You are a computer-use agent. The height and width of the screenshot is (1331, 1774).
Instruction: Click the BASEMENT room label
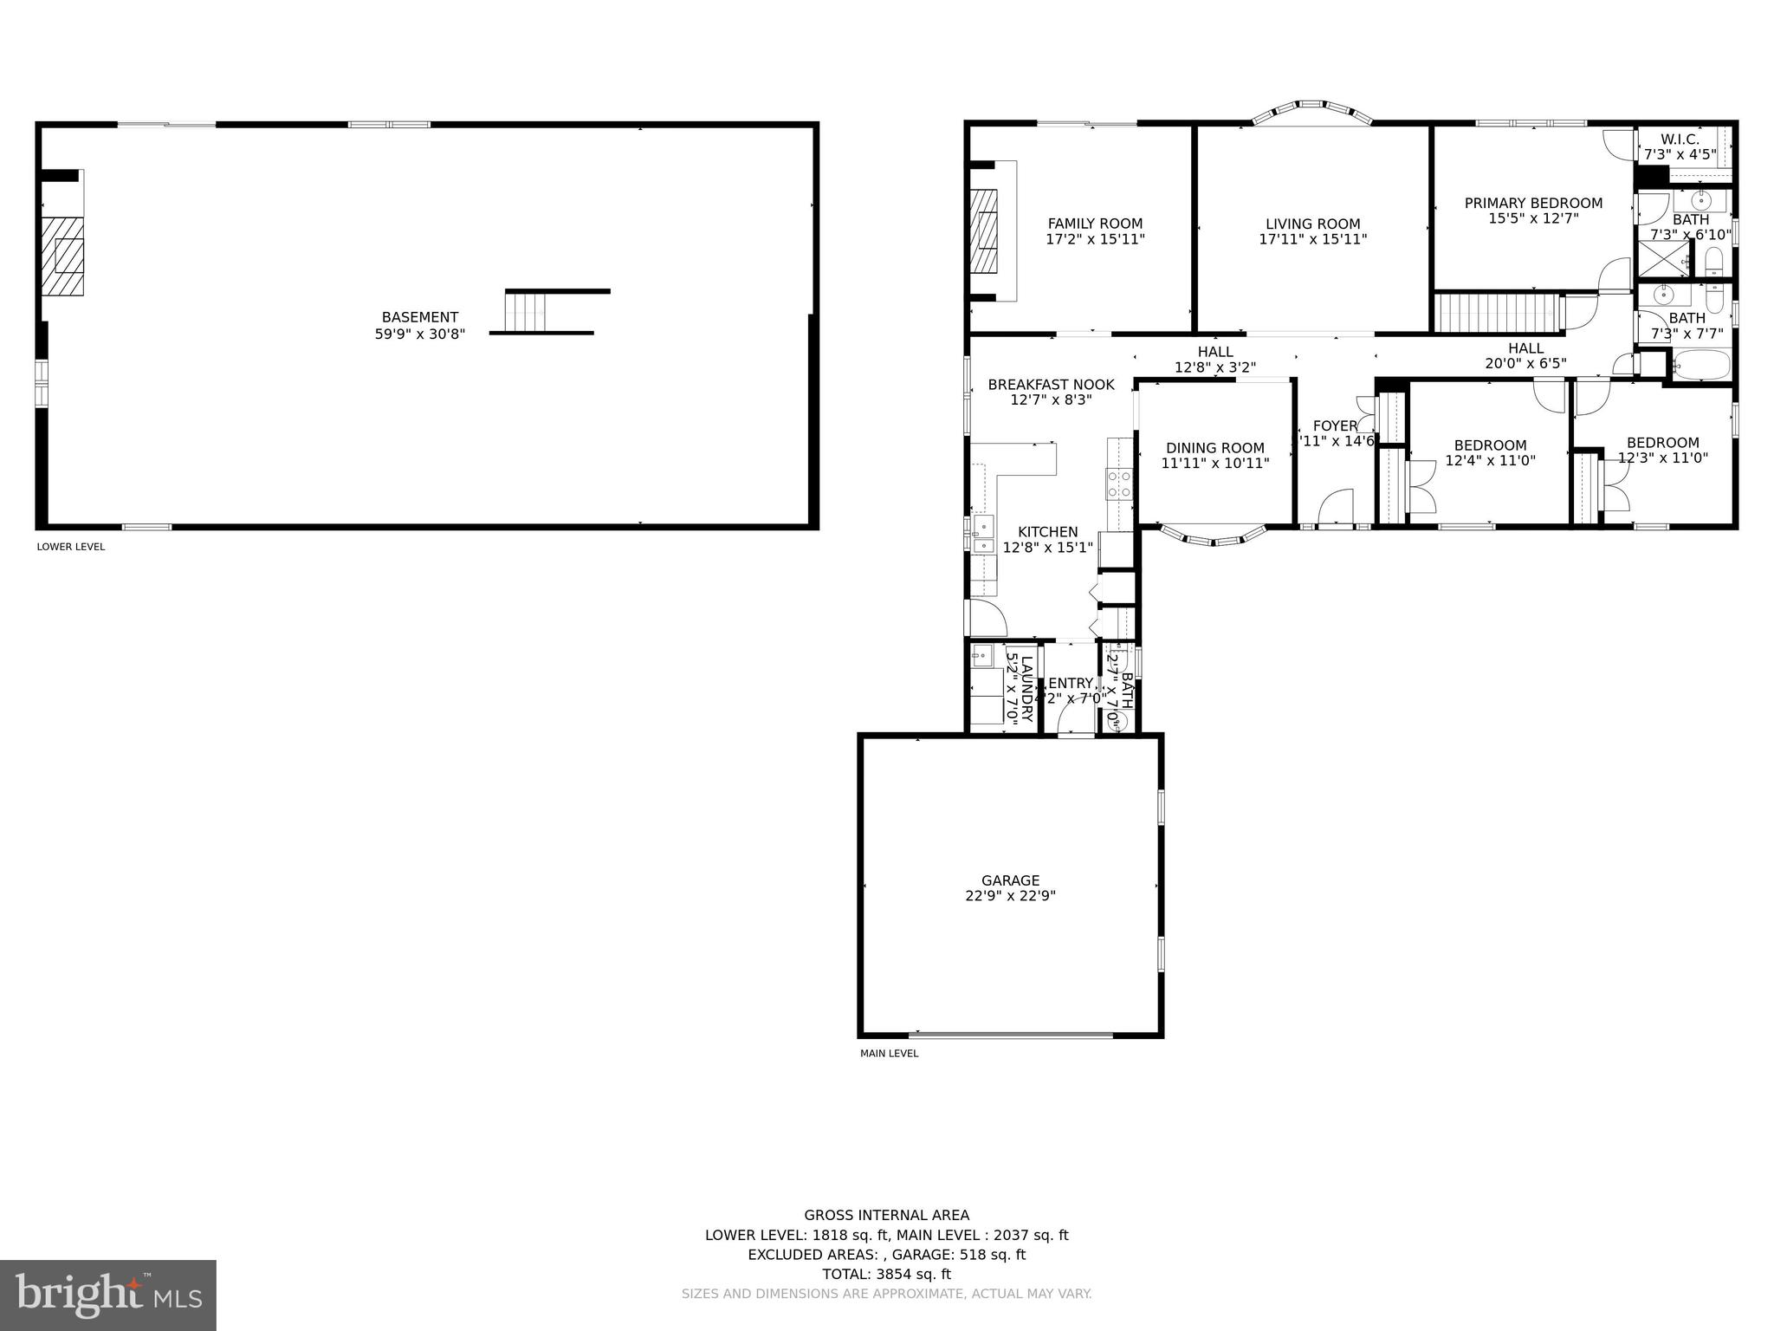click(x=419, y=317)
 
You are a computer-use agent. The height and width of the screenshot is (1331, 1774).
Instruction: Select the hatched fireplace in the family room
click(x=984, y=230)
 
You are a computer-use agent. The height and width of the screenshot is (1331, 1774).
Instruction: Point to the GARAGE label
click(x=1010, y=880)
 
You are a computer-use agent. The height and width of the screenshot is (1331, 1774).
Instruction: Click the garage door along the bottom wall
click(x=1010, y=1034)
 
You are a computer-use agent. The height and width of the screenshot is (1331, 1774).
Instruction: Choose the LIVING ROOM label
click(x=1312, y=224)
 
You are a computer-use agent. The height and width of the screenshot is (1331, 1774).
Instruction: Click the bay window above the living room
click(x=1311, y=110)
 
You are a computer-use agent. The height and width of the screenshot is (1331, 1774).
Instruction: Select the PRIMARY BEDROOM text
click(x=1533, y=203)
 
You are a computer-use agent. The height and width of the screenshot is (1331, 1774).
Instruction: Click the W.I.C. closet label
click(x=1680, y=140)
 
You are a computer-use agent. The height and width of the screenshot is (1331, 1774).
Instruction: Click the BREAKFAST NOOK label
click(x=1051, y=385)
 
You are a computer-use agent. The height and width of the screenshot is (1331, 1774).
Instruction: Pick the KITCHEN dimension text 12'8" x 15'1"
click(x=1048, y=548)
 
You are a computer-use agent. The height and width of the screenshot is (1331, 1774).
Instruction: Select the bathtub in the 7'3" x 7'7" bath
click(x=1701, y=365)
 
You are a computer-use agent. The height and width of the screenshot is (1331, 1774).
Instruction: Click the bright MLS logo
click(x=107, y=1295)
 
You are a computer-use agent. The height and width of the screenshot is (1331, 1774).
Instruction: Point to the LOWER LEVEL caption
click(x=71, y=547)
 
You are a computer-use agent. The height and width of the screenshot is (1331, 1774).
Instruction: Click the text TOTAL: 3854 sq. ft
click(x=886, y=1274)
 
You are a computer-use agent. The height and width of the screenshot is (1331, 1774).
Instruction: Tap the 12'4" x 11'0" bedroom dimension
click(x=1490, y=461)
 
